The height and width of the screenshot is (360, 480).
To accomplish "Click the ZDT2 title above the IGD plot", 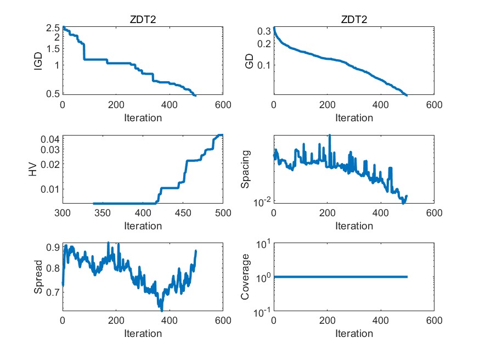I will (x=142, y=20).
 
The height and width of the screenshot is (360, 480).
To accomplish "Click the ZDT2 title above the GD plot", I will (x=354, y=20).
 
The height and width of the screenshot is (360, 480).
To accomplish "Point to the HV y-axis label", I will (x=34, y=169).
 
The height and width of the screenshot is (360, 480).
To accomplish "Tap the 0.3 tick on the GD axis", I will (x=264, y=31).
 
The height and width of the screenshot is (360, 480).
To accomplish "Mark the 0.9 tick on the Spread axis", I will (x=53, y=248).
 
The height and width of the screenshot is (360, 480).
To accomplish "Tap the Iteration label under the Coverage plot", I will (x=354, y=333).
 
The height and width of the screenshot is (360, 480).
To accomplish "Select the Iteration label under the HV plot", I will (x=142, y=226).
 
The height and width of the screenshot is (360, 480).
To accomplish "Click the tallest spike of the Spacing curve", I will (x=330, y=135).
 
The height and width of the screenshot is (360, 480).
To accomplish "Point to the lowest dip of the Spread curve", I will (x=161, y=310).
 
